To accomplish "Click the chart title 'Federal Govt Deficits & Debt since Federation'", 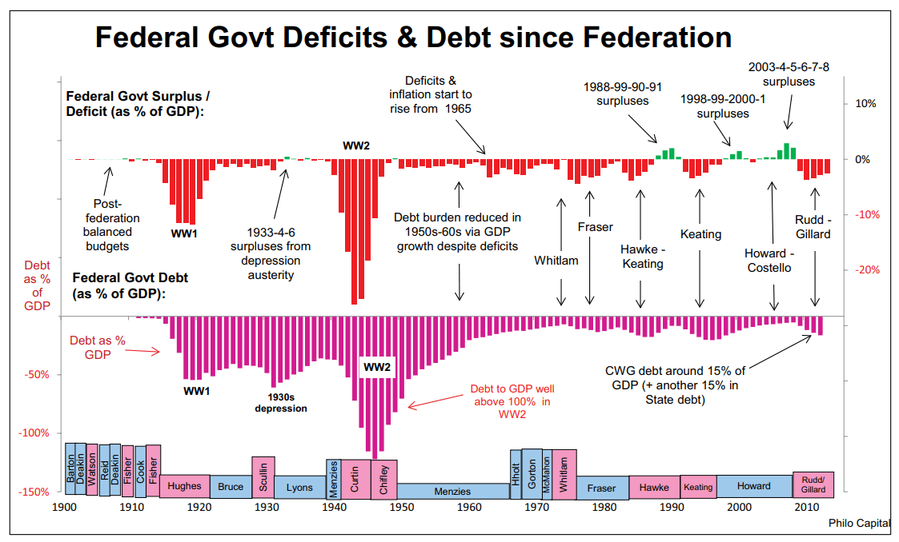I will tap(413, 37).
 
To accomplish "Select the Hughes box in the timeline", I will tap(184, 486).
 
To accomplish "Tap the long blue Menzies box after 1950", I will tap(452, 491).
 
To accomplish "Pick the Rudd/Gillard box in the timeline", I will tap(813, 484).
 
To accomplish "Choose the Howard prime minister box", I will tap(753, 486).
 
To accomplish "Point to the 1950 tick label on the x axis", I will tap(402, 507).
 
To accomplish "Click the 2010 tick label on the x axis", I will tap(807, 507).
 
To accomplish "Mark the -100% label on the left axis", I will tap(34, 432).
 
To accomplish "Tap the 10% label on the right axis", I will tap(866, 103).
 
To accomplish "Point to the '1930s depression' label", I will tap(281, 402).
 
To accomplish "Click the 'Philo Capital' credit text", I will tap(859, 523).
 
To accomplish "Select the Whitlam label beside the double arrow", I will tap(556, 261).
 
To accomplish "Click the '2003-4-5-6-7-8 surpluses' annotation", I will tap(788, 74).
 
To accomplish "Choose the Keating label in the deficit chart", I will tap(700, 234).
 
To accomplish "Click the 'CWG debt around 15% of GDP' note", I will tap(675, 385).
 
